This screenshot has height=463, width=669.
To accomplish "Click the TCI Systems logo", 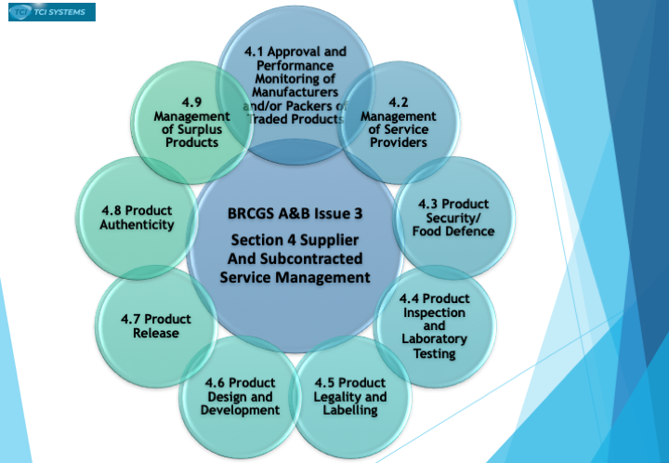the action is point(52,12).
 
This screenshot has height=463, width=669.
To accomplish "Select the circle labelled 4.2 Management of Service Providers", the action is point(399,123).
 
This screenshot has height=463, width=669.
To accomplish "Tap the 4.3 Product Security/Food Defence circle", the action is point(453,218).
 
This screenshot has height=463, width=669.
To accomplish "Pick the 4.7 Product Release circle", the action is point(156,326).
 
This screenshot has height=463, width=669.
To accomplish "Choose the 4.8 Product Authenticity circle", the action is point(137,218).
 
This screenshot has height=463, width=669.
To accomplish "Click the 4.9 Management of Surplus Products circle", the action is point(192,123).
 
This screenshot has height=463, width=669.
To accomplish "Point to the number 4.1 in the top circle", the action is point(255,52).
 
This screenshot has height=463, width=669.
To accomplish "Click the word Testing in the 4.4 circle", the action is point(435,353).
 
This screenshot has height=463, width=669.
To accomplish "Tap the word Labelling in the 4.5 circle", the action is point(350,410).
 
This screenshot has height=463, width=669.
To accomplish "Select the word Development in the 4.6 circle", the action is point(241,410).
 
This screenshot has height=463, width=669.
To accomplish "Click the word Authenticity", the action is point(137,224).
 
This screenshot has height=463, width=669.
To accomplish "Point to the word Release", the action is point(156,333).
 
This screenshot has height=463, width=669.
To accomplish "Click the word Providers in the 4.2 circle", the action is point(399,142).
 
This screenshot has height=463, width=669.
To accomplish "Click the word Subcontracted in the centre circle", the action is point(311,258).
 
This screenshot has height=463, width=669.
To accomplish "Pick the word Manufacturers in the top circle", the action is point(295,92).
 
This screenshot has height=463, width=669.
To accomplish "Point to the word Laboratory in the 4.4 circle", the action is point(435,339).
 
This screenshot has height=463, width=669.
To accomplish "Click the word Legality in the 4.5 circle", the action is point(334,397).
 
